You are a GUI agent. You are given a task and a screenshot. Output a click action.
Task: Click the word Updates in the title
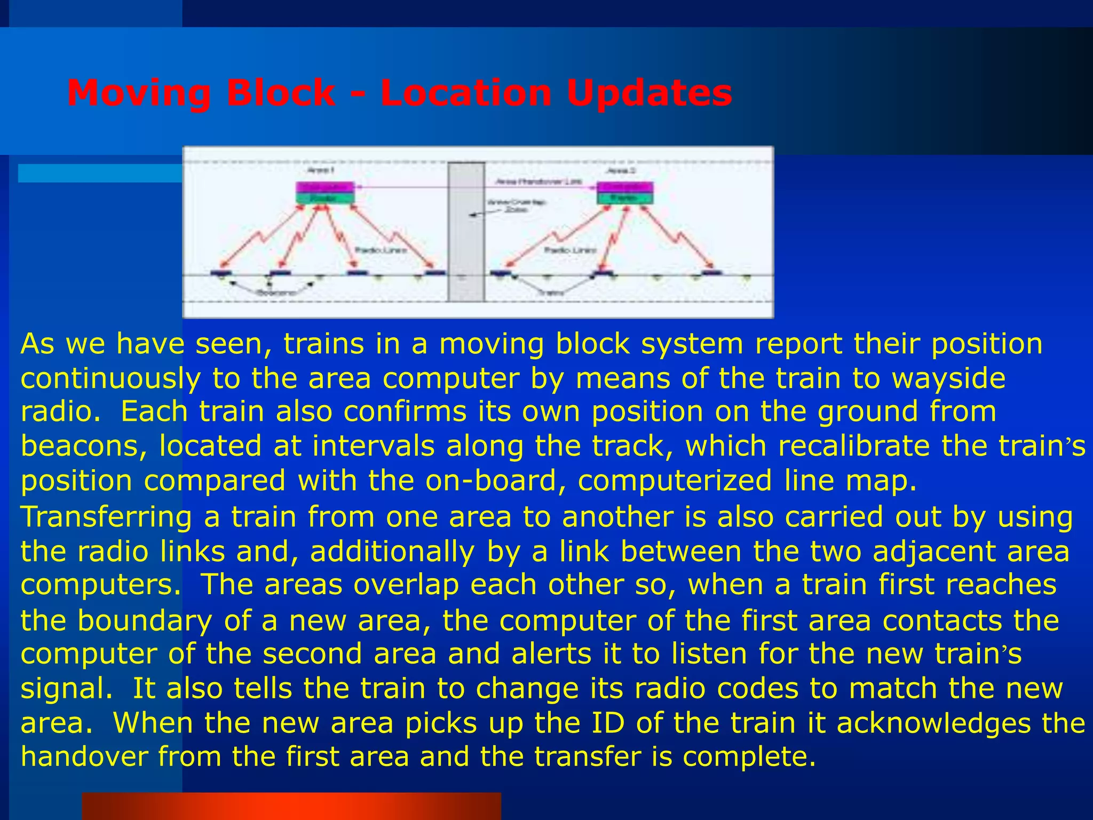click(x=649, y=93)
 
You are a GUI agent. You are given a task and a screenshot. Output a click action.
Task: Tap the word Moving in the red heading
click(x=139, y=93)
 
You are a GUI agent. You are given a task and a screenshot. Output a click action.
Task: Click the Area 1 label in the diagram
click(x=321, y=170)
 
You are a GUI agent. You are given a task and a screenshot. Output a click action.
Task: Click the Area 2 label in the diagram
click(x=621, y=170)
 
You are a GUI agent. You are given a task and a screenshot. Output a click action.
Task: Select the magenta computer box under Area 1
click(x=324, y=187)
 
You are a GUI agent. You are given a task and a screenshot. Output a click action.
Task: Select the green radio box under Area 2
click(x=624, y=199)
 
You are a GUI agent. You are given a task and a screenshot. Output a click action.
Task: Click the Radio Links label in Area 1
click(x=381, y=250)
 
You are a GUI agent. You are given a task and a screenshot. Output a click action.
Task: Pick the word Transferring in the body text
click(x=106, y=517)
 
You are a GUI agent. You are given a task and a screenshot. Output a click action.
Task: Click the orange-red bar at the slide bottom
click(x=291, y=806)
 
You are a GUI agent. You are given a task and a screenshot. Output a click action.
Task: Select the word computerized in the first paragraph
click(x=675, y=480)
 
